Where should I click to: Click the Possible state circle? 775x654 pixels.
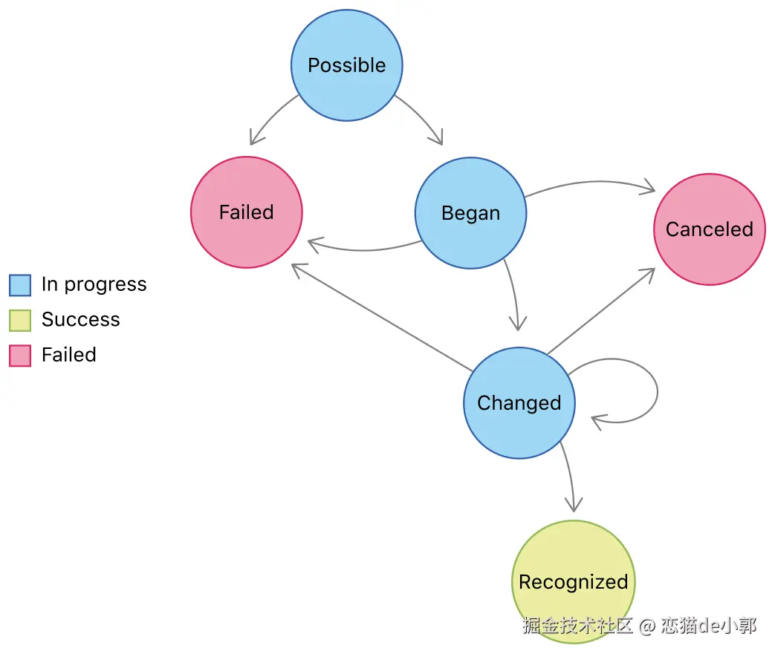(346, 65)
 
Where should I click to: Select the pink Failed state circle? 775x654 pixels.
(247, 212)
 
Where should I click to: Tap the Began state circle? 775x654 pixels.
(470, 213)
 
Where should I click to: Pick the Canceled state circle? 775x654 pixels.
(709, 229)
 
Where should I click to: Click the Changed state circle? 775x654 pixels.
(519, 403)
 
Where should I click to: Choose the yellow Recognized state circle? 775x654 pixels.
(573, 582)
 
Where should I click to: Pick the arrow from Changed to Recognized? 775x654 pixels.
(568, 475)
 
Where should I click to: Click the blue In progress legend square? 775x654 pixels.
(20, 285)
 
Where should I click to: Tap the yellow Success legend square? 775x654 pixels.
(20, 320)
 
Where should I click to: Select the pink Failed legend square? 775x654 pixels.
(20, 356)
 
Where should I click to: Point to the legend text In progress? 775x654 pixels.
(94, 284)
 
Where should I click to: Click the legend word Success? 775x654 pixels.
(80, 320)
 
